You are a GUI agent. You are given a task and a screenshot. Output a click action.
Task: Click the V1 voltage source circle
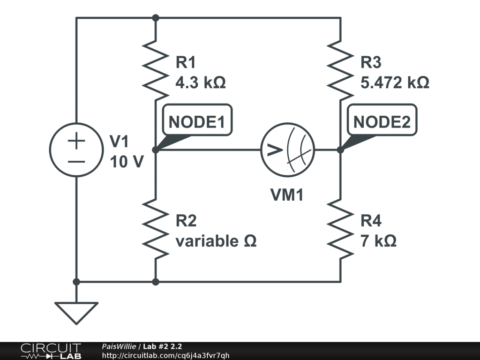[76, 150]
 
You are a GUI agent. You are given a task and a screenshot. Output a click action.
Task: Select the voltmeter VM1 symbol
[287, 150]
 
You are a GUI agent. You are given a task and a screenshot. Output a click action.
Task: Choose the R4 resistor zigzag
[340, 228]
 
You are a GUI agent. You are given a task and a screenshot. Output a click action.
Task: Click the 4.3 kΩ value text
[201, 83]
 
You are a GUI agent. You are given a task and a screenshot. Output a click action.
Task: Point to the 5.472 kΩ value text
[395, 83]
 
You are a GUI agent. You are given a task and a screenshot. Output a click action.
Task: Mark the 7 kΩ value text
[378, 241]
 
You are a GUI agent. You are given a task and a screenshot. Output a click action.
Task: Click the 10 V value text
[127, 161]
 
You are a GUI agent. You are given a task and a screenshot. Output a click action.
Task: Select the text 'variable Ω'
[216, 241]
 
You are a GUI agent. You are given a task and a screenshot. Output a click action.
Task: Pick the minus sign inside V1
[76, 161]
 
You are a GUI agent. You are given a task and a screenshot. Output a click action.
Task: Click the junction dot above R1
[156, 18]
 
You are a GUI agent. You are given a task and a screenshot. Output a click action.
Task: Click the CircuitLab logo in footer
[51, 351]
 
